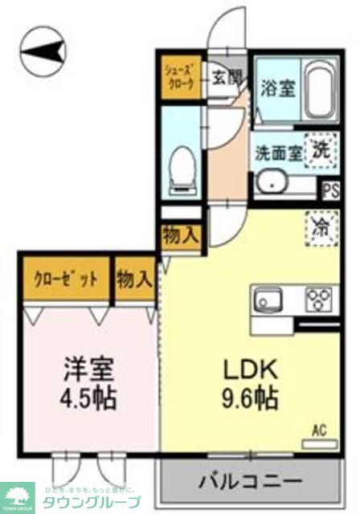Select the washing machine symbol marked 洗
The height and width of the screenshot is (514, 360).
tap(319, 149)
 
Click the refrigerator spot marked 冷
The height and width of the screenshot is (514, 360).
tap(319, 226)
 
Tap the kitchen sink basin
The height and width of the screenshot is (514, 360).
tap(268, 302)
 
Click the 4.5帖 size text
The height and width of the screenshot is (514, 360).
tap(88, 398)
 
